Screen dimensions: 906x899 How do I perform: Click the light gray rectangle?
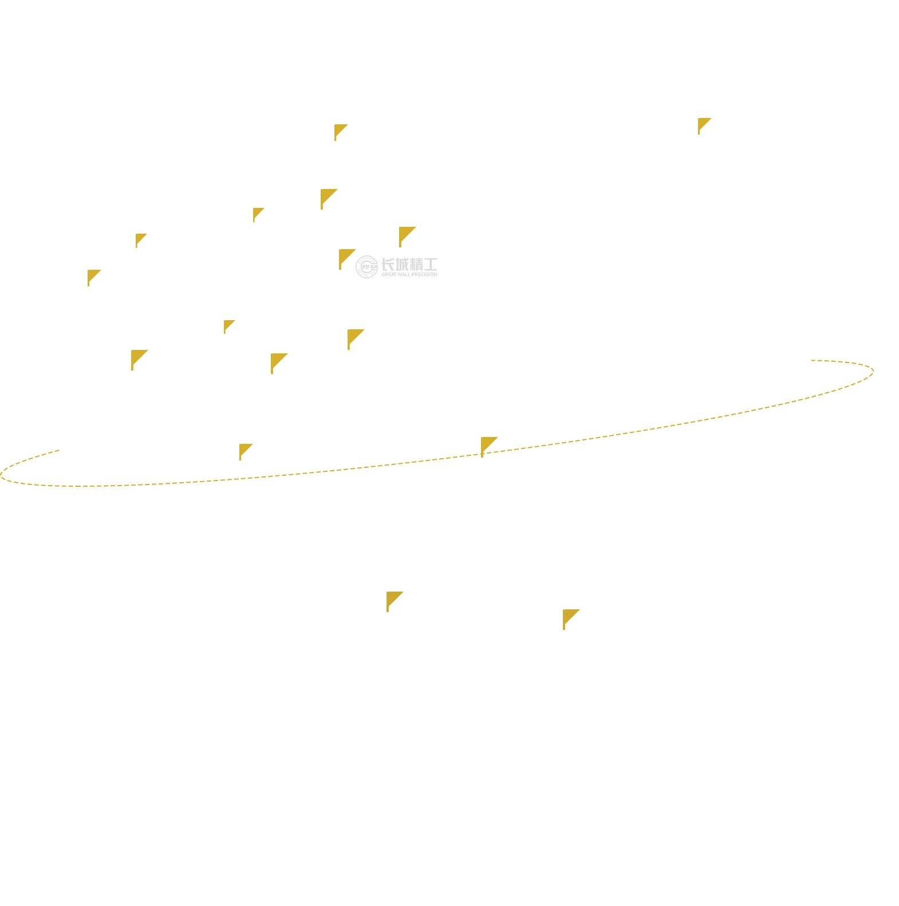pos(389,267)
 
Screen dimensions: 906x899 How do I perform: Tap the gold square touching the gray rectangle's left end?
pos(347,259)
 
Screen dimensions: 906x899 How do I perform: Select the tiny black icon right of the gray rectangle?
pos(430,264)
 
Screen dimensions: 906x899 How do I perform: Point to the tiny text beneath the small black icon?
pos(429,274)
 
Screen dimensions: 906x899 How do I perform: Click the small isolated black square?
pos(117,260)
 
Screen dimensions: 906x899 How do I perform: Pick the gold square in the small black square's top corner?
pos(141,241)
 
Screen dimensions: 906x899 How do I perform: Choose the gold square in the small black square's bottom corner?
pos(95,277)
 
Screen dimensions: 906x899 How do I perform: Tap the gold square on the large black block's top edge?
pos(341,133)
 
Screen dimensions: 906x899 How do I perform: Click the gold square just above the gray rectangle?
pos(407,237)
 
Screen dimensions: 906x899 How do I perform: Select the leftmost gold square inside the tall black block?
pos(258,215)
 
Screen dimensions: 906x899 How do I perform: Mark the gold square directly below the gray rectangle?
pos(356,340)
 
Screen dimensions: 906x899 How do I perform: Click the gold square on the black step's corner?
pos(229,327)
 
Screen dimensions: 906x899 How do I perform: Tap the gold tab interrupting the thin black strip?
pos(140,354)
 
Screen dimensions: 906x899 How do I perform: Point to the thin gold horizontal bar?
pos(527,447)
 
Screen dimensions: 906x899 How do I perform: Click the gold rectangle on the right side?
pos(738,396)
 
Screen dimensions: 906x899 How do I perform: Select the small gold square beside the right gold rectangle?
pos(859,375)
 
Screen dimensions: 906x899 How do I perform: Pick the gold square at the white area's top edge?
pos(705,126)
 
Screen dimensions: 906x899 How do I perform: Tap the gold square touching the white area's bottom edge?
pos(571,620)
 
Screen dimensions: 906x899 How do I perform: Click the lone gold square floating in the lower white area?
pos(395,602)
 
